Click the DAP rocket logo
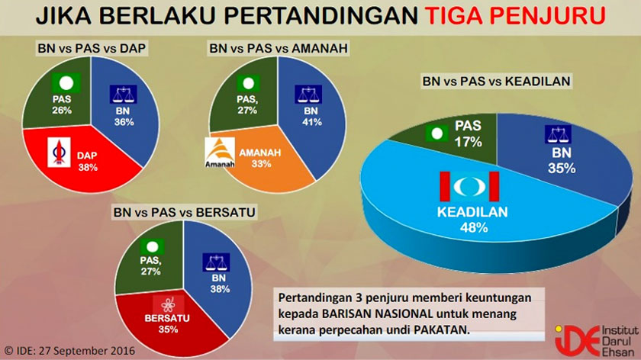(x=59, y=152)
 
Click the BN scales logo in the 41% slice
(x=309, y=94)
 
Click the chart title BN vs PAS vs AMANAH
(x=279, y=48)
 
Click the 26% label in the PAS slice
(x=62, y=111)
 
